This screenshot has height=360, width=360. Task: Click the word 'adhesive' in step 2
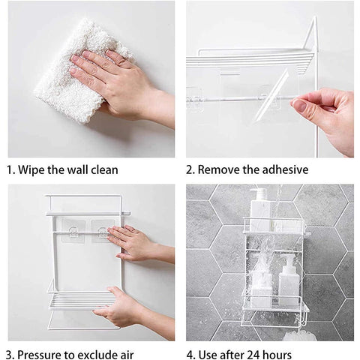point(285,169)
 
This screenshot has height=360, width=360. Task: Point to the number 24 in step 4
point(254,355)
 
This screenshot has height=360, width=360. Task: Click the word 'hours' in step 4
point(278,355)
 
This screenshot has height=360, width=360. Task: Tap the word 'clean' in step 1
point(104,170)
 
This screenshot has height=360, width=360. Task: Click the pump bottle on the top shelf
point(260,209)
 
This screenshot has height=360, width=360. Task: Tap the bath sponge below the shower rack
point(300,335)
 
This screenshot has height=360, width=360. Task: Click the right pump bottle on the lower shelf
point(289,281)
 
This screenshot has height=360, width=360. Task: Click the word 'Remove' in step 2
point(220,169)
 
